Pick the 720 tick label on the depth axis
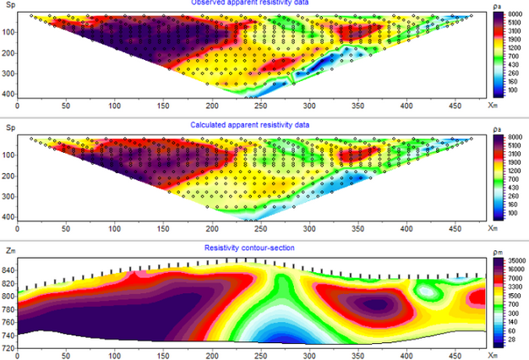(x=9, y=348)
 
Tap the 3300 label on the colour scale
(x=515, y=287)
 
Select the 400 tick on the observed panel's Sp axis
(x=9, y=94)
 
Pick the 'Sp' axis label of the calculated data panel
(x=10, y=128)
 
